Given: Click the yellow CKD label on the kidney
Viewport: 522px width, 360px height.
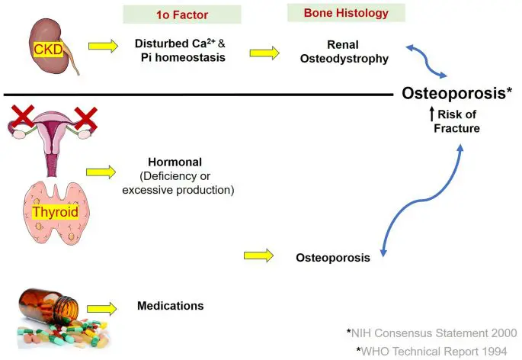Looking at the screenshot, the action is click(48, 50).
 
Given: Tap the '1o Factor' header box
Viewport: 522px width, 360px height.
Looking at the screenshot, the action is click(182, 14).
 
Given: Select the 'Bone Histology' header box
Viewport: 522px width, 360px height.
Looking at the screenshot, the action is click(346, 13).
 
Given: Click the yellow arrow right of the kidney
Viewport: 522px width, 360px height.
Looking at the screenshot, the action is click(103, 46).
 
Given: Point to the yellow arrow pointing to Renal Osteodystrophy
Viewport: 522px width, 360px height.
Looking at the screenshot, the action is click(264, 53).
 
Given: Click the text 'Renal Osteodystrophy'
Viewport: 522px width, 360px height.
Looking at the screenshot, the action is click(344, 52).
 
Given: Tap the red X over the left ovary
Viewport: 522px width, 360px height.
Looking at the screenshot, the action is click(23, 116).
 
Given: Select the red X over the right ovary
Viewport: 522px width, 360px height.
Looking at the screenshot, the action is click(86, 118).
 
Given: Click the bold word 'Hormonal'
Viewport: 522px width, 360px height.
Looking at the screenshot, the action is click(175, 162).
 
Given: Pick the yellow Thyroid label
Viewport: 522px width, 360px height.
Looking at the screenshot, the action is click(56, 212).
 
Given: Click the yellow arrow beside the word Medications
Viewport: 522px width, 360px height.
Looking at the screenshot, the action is click(102, 309).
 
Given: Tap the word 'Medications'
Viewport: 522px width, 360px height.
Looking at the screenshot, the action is click(171, 306).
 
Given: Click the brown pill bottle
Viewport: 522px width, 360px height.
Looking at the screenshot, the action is click(49, 304).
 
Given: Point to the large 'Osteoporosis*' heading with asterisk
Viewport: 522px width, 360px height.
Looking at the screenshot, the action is click(456, 93).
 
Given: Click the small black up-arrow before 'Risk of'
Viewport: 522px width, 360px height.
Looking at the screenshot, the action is click(432, 114).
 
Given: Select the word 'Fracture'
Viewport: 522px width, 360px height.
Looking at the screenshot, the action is click(456, 128).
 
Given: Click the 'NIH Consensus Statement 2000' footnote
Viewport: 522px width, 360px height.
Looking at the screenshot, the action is click(432, 333).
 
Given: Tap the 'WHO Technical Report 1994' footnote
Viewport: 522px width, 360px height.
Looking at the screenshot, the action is click(432, 351).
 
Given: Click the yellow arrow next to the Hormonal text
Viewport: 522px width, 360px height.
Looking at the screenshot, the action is click(101, 172).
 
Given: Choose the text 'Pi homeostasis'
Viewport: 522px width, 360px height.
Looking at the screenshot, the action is click(183, 57).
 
